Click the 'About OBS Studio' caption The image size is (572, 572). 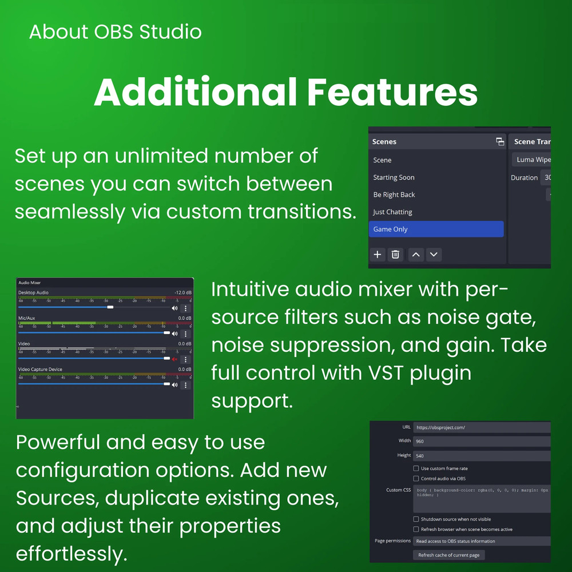pyautogui.click(x=115, y=31)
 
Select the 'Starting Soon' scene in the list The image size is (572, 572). pyautogui.click(x=394, y=177)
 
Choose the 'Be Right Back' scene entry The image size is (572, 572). pyautogui.click(x=394, y=194)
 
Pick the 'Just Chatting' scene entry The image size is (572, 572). pyautogui.click(x=392, y=212)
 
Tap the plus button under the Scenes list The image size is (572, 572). pyautogui.click(x=378, y=255)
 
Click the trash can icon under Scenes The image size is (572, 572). pyautogui.click(x=395, y=255)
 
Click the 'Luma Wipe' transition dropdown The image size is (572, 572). pyautogui.click(x=532, y=160)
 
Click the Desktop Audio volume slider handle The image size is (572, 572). pyautogui.click(x=110, y=307)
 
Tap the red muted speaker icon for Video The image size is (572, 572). pyautogui.click(x=174, y=359)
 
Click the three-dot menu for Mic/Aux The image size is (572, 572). pyautogui.click(x=185, y=333)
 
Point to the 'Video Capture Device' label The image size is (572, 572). pyautogui.click(x=40, y=370)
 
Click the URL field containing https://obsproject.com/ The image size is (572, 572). pyautogui.click(x=480, y=427)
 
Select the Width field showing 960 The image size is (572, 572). pyautogui.click(x=480, y=441)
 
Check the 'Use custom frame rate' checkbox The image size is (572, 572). pyautogui.click(x=416, y=468)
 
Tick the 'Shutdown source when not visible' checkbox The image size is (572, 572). pyautogui.click(x=416, y=519)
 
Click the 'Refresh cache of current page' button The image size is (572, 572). pyautogui.click(x=449, y=555)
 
